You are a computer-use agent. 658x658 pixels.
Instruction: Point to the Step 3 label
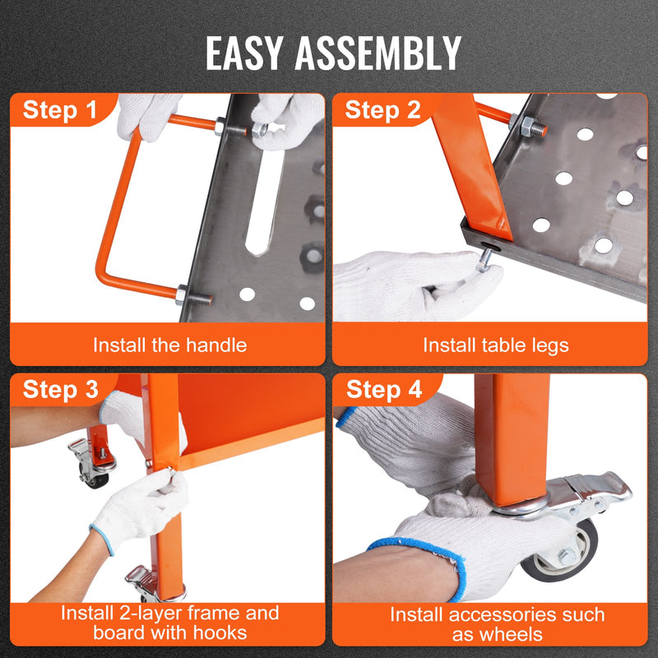[x=60, y=390]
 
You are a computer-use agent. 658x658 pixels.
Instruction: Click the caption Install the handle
[x=169, y=345]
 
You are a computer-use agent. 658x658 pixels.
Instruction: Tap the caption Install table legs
[x=495, y=345]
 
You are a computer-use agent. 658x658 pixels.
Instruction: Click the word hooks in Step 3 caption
[x=220, y=633]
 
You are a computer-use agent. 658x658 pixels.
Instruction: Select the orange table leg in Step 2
[x=472, y=173]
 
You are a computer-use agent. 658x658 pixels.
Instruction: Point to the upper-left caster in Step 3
[x=92, y=461]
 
